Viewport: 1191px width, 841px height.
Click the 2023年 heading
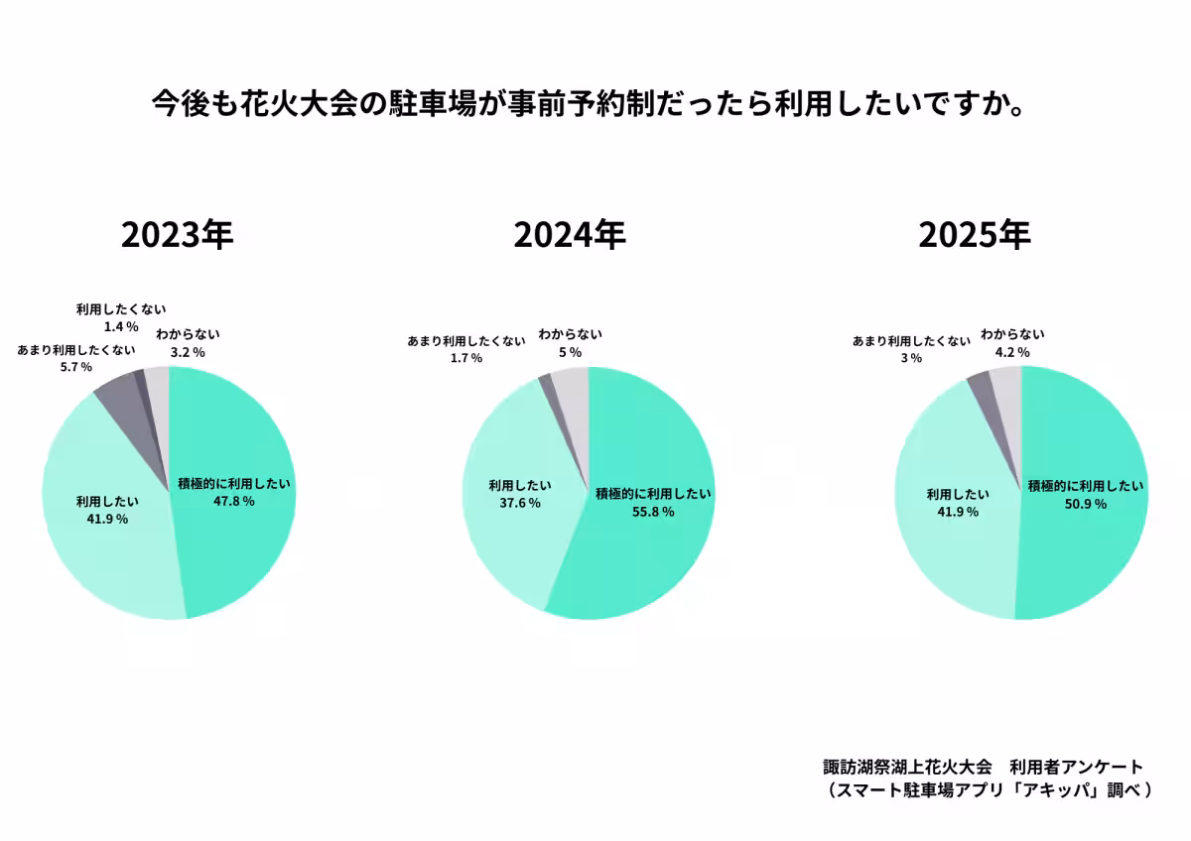pyautogui.click(x=177, y=235)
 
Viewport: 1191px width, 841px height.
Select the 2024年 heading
pyautogui.click(x=570, y=235)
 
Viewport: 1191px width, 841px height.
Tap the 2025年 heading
pyautogui.click(x=975, y=235)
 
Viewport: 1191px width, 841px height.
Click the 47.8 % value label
pyautogui.click(x=234, y=501)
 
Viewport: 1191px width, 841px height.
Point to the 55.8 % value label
pyautogui.click(x=653, y=512)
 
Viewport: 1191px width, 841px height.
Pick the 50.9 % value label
pyautogui.click(x=1085, y=504)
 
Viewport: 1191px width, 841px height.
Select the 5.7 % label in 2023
pyautogui.click(x=76, y=367)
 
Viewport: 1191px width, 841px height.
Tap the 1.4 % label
pyautogui.click(x=120, y=326)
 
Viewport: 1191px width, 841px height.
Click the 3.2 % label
pyautogui.click(x=188, y=352)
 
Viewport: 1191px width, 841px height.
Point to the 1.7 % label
pyautogui.click(x=465, y=358)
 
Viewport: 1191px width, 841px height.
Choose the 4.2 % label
pyautogui.click(x=1012, y=352)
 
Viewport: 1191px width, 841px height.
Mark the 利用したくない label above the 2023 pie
pyautogui.click(x=121, y=309)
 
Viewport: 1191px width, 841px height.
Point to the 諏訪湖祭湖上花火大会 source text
pyautogui.click(x=907, y=768)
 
